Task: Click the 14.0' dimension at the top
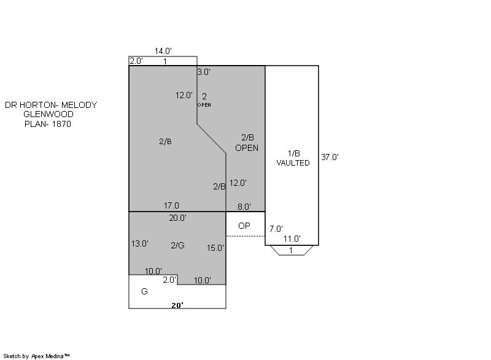163,51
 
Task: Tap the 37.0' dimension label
330,157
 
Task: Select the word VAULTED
293,163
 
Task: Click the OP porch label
244,226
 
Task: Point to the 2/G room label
177,245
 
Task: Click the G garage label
144,291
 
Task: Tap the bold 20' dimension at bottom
177,305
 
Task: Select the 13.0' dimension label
140,243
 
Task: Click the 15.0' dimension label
215,248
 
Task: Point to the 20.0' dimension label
178,218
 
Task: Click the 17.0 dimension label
171,205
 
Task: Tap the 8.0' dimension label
244,207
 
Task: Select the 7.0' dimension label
276,229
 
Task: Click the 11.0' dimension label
292,239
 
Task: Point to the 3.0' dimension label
204,72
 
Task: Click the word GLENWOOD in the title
48,114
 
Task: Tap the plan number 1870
62,124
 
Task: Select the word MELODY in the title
79,105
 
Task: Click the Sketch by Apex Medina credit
36,356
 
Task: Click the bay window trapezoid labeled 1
292,250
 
